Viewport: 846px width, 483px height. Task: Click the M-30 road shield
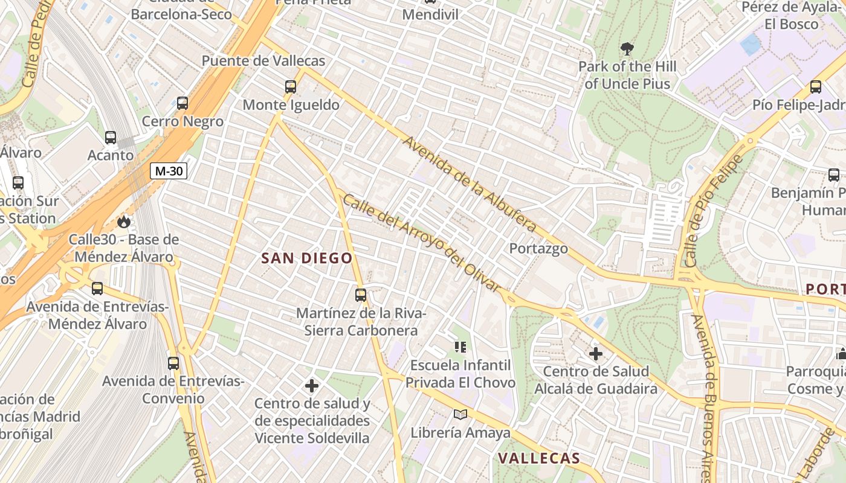tap(169, 171)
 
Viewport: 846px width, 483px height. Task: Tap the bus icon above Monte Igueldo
tap(291, 87)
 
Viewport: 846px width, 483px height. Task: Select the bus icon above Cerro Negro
tap(182, 103)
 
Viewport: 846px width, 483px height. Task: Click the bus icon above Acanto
tap(111, 137)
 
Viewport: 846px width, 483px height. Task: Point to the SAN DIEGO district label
tap(306, 258)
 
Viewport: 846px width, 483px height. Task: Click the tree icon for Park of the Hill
tap(627, 48)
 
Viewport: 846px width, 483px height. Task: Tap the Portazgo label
tap(538, 248)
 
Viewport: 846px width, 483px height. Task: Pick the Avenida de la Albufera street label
tap(470, 184)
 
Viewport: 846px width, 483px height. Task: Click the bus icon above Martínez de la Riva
tap(361, 295)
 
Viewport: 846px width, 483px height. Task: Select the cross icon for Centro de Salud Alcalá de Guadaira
tap(596, 353)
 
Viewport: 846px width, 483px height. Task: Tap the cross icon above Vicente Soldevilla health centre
tap(312, 385)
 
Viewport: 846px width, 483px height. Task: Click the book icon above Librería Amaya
tap(460, 414)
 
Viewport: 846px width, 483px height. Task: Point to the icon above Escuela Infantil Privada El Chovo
tap(460, 347)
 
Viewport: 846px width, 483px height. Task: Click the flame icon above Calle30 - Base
tap(124, 222)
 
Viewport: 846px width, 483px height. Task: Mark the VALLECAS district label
tap(539, 458)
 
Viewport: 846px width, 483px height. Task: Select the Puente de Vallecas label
tap(263, 61)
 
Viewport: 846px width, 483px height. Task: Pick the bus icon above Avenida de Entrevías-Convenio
tap(173, 363)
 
